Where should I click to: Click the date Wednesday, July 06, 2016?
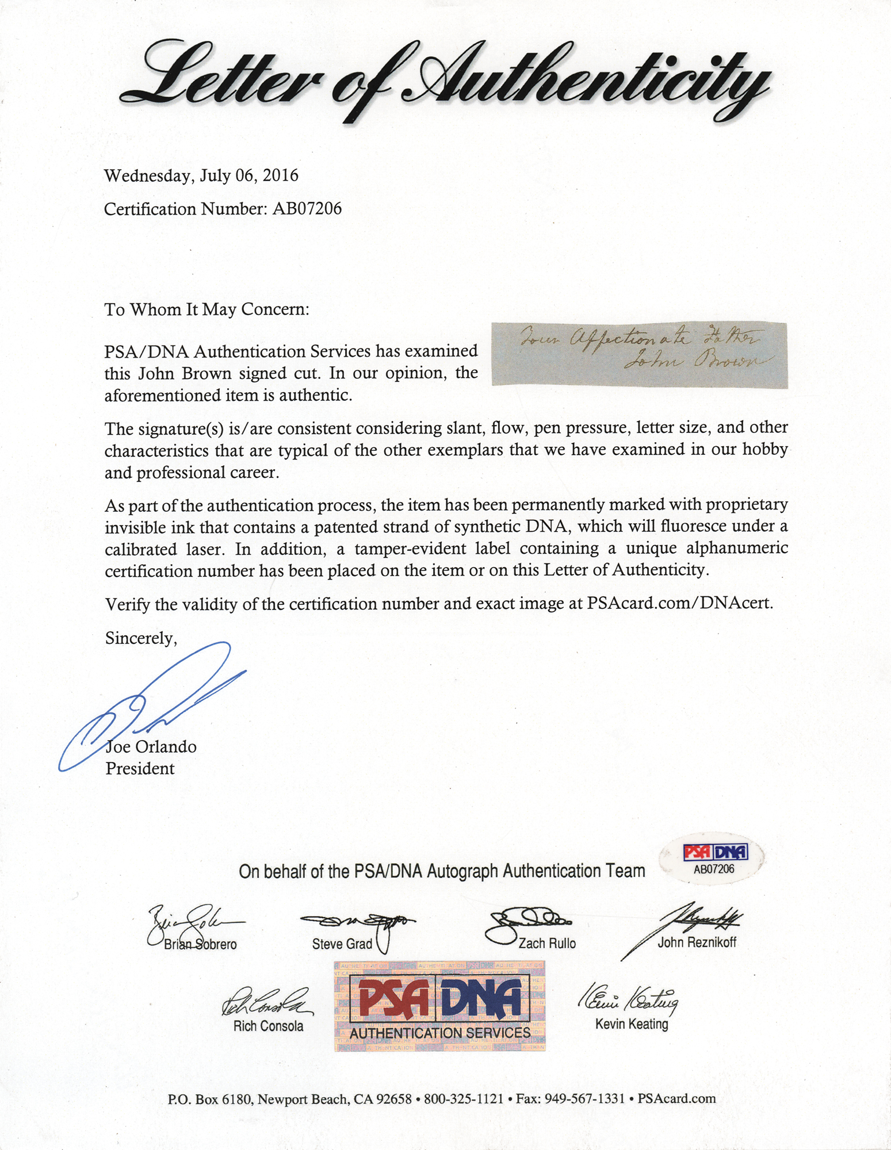click(201, 175)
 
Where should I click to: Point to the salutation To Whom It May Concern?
click(207, 310)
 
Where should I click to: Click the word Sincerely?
click(140, 638)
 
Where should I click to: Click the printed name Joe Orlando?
click(151, 747)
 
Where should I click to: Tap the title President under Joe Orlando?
click(140, 769)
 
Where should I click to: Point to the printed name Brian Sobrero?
click(200, 945)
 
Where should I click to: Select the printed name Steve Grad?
click(342, 944)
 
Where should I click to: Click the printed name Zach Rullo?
click(546, 944)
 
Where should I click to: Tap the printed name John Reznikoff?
click(697, 942)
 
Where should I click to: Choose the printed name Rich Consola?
click(268, 1026)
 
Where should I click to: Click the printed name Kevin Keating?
click(632, 1024)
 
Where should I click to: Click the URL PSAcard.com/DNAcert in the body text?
click(679, 604)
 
